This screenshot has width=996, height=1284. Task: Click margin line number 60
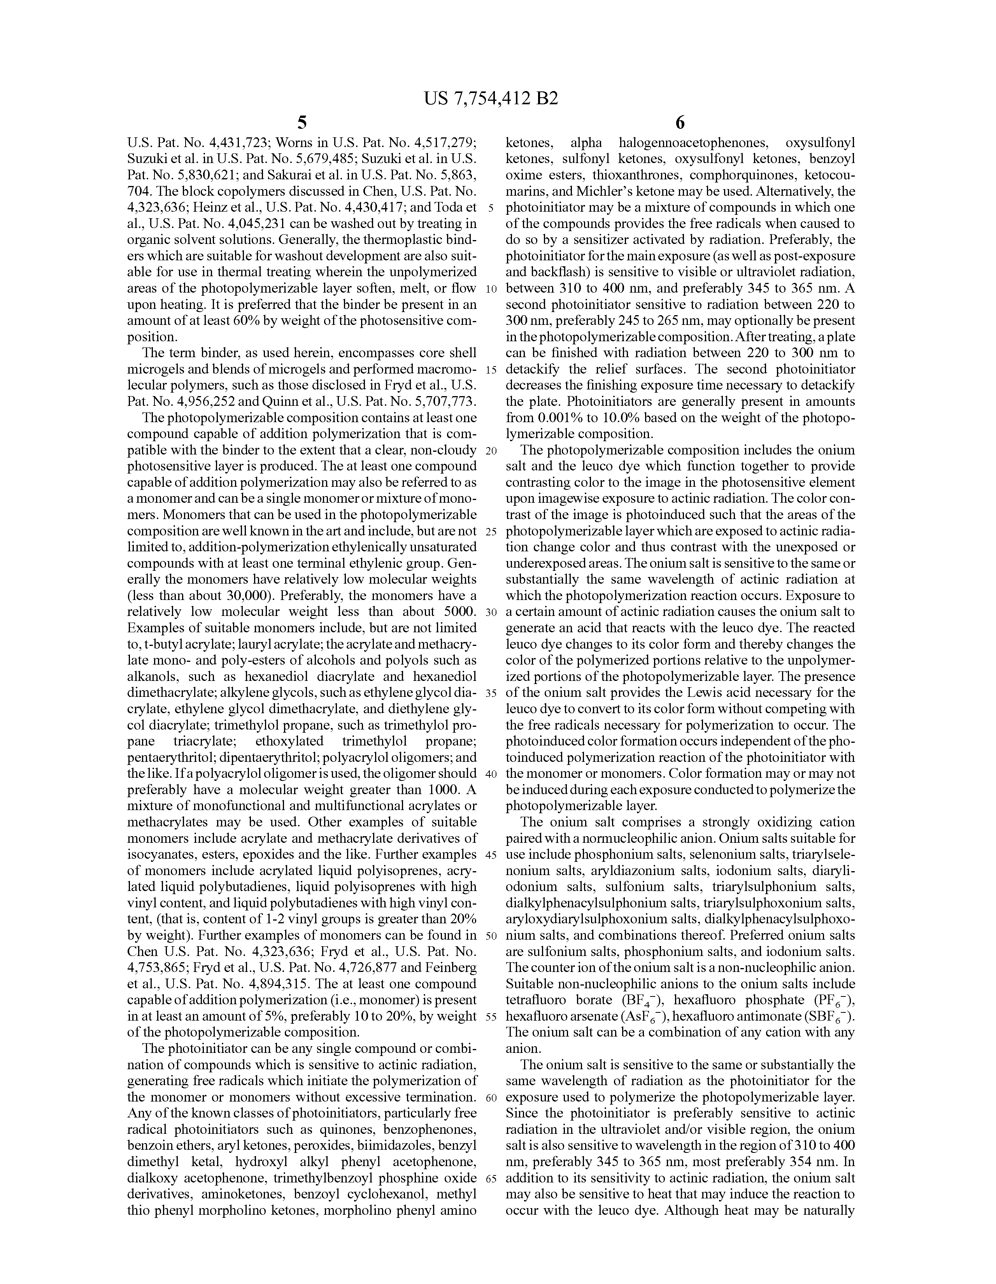[x=491, y=1097]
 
